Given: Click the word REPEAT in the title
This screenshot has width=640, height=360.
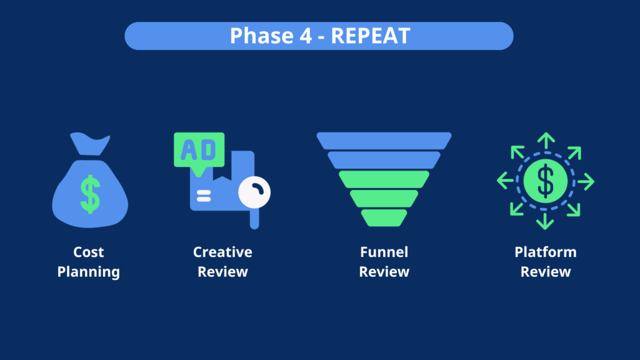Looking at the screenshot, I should (370, 36).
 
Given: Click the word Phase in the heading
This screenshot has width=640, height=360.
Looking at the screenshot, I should (259, 36).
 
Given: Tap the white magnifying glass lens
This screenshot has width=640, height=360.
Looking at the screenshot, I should (254, 192).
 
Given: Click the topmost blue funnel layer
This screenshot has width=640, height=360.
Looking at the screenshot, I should (384, 141).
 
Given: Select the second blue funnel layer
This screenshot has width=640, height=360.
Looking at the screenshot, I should (384, 160).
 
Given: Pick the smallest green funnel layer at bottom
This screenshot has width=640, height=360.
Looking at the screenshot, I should (384, 217).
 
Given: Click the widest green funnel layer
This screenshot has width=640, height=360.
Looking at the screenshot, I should (384, 179).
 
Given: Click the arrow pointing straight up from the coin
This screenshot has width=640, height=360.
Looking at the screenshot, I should (546, 140).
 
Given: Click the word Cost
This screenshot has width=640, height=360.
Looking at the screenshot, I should (89, 252).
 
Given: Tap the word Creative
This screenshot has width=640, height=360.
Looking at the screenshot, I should (222, 252).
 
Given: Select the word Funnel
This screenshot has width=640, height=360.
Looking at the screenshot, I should (384, 252).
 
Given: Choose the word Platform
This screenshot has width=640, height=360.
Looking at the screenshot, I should (546, 252).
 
